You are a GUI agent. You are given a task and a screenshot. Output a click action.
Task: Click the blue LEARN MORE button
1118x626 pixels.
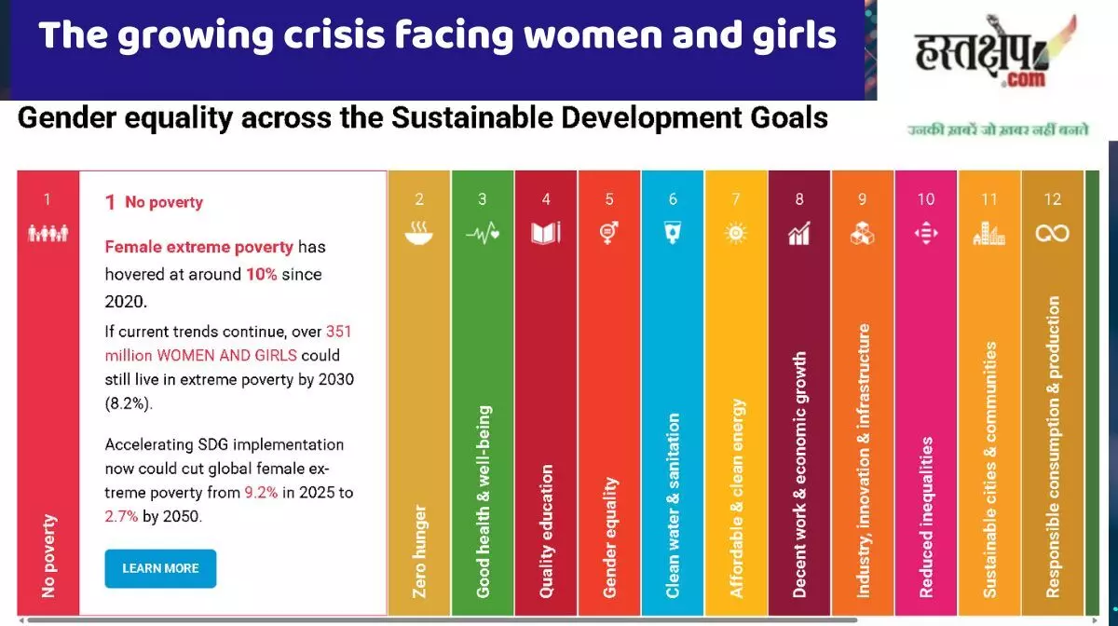[160, 568]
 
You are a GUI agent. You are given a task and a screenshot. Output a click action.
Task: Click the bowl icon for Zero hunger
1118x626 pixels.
[419, 234]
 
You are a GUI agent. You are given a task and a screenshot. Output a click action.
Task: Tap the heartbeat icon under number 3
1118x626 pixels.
[483, 234]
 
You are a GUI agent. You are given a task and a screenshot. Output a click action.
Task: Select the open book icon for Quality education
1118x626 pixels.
[546, 233]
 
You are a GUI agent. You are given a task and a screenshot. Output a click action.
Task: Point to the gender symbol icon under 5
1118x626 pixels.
[609, 233]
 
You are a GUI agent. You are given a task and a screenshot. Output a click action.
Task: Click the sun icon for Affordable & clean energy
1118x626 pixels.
[736, 233]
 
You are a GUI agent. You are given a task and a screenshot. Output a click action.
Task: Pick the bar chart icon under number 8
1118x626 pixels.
[799, 234]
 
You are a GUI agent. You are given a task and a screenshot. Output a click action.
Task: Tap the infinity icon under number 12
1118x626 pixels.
[1052, 234]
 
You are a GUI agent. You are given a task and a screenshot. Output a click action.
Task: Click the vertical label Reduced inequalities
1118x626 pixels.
[926, 517]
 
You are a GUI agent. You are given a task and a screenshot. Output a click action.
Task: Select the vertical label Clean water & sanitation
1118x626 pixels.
[674, 506]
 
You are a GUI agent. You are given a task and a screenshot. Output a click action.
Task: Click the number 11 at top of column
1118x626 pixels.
[988, 198]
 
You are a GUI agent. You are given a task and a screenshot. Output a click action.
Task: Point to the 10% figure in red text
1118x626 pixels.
[261, 276]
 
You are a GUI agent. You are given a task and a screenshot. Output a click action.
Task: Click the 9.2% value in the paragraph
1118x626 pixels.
[261, 493]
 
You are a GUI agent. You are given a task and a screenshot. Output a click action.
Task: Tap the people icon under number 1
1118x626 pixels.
[48, 234]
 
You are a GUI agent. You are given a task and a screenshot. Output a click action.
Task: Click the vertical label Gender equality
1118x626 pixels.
[610, 538]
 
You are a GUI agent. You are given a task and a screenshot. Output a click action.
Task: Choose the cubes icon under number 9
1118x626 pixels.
[863, 234]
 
